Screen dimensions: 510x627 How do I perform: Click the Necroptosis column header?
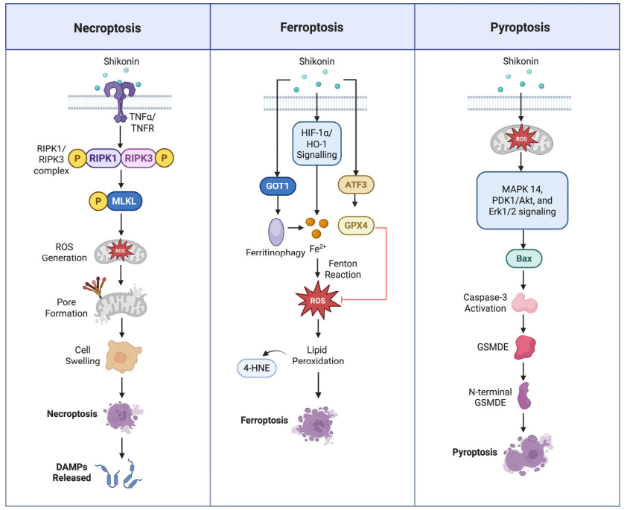(x=107, y=28)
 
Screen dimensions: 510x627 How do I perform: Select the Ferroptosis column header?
(x=312, y=28)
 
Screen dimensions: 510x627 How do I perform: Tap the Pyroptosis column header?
(x=520, y=28)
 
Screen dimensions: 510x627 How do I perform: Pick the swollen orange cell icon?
(x=121, y=357)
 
